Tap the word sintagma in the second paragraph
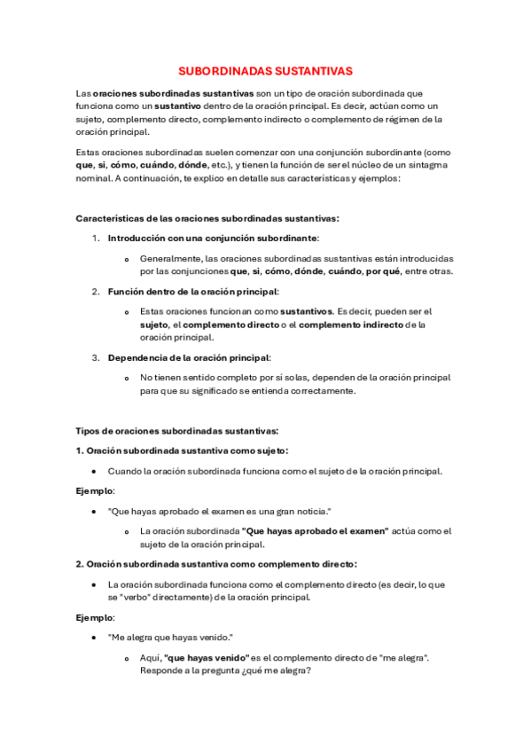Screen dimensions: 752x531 click(x=427, y=164)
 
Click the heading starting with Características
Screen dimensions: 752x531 click(x=207, y=218)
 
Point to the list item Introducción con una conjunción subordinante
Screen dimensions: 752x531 click(x=213, y=238)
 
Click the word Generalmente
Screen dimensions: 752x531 click(x=171, y=258)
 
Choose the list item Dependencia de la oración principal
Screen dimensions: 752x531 click(x=189, y=357)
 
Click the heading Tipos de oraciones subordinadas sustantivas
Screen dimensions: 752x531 click(x=177, y=431)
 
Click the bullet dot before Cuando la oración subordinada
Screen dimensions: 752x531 click(x=94, y=472)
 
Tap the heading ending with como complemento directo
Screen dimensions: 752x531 click(x=216, y=564)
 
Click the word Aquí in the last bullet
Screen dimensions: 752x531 click(x=150, y=657)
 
